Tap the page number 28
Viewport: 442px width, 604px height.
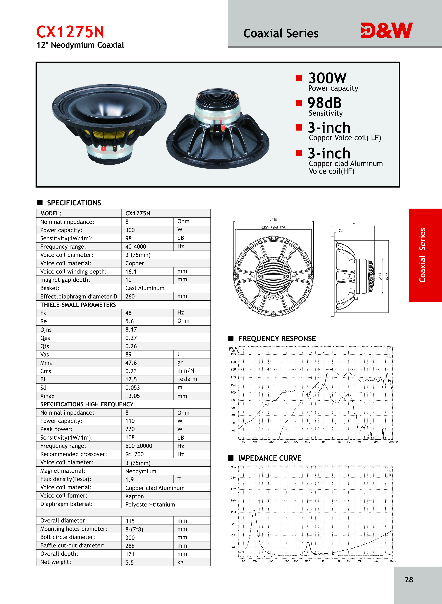409,580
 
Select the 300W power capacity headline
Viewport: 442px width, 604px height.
327,78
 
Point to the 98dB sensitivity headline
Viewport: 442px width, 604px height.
324,103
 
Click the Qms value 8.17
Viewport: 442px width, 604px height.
131,330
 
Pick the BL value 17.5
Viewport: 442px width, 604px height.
131,379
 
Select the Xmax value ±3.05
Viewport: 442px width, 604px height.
132,396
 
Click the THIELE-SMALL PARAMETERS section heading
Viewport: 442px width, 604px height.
78,305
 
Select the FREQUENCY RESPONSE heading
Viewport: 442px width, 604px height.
277,339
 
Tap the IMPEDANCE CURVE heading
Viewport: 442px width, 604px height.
269,458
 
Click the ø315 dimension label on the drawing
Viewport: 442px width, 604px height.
273,220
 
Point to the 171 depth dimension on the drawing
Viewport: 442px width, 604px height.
353,224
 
